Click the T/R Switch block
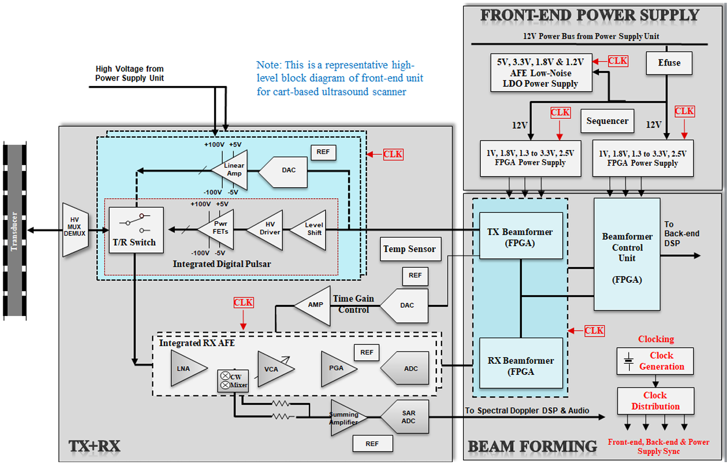pyautogui.click(x=136, y=231)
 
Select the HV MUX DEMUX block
pyautogui.click(x=74, y=230)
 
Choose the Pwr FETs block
pyautogui.click(x=218, y=229)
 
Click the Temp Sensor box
pyautogui.click(x=410, y=249)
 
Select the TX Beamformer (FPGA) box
pyautogui.click(x=520, y=235)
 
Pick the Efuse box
pyautogui.click(x=669, y=63)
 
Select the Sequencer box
pyautogui.click(x=607, y=121)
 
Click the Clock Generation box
pyautogui.click(x=655, y=361)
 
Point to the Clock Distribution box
pyautogui.click(x=655, y=401)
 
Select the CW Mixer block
pyautogui.click(x=233, y=381)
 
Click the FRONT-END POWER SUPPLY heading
pyautogui.click(x=590, y=15)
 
